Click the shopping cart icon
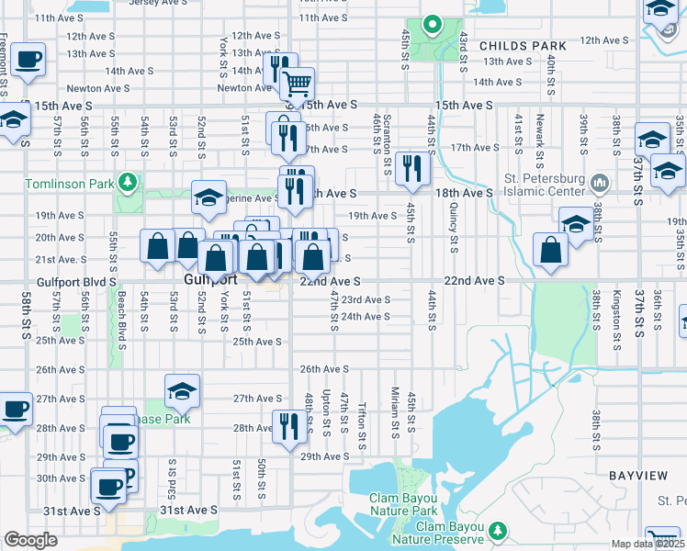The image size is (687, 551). pos(297,84)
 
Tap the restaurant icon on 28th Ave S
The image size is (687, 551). pos(287,426)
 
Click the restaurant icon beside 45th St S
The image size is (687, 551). pos(411,168)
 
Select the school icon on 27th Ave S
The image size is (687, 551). pos(182,391)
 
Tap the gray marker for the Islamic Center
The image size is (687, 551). pos(601,182)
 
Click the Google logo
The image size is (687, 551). pos(30,540)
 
